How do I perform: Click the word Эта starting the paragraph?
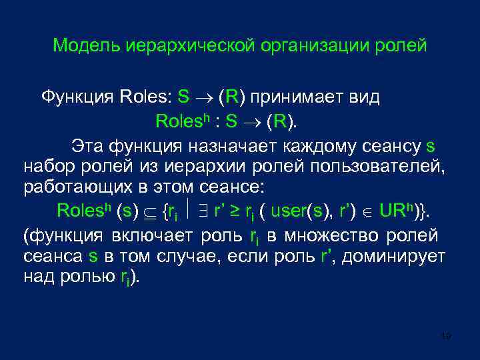[85, 145]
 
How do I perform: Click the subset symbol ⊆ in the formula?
[149, 211]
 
